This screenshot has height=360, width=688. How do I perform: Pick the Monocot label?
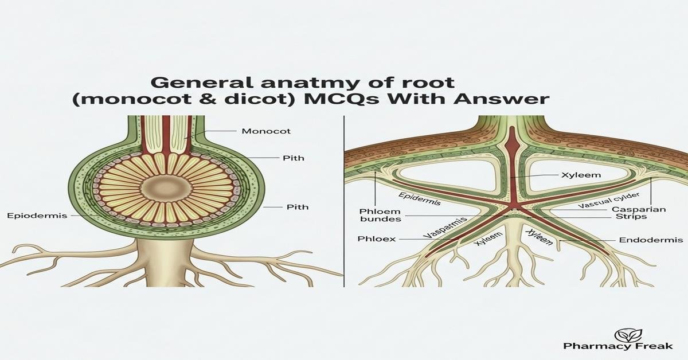pyautogui.click(x=266, y=131)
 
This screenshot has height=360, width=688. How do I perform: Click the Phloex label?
pyautogui.click(x=376, y=238)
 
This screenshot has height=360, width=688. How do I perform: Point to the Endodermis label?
pyautogui.click(x=651, y=240)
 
